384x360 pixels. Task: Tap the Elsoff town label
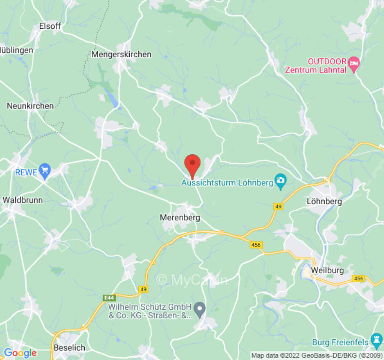pyautogui.click(x=50, y=26)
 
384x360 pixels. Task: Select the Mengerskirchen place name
pyautogui.click(x=121, y=54)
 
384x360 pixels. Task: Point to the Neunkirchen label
pyautogui.click(x=30, y=106)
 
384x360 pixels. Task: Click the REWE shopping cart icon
pyautogui.click(x=45, y=171)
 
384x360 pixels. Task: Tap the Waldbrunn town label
pyautogui.click(x=22, y=199)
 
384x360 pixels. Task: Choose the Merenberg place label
pyautogui.click(x=180, y=217)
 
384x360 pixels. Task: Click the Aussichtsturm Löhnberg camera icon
pyautogui.click(x=280, y=182)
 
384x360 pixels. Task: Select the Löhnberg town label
pyautogui.click(x=324, y=201)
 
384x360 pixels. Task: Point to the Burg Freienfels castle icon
pyautogui.click(x=376, y=338)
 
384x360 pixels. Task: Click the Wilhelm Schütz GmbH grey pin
pyautogui.click(x=201, y=309)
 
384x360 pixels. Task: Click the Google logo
pyautogui.click(x=20, y=353)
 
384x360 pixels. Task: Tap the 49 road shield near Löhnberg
pyautogui.click(x=279, y=206)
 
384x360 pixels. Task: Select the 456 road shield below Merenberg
pyautogui.click(x=256, y=244)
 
